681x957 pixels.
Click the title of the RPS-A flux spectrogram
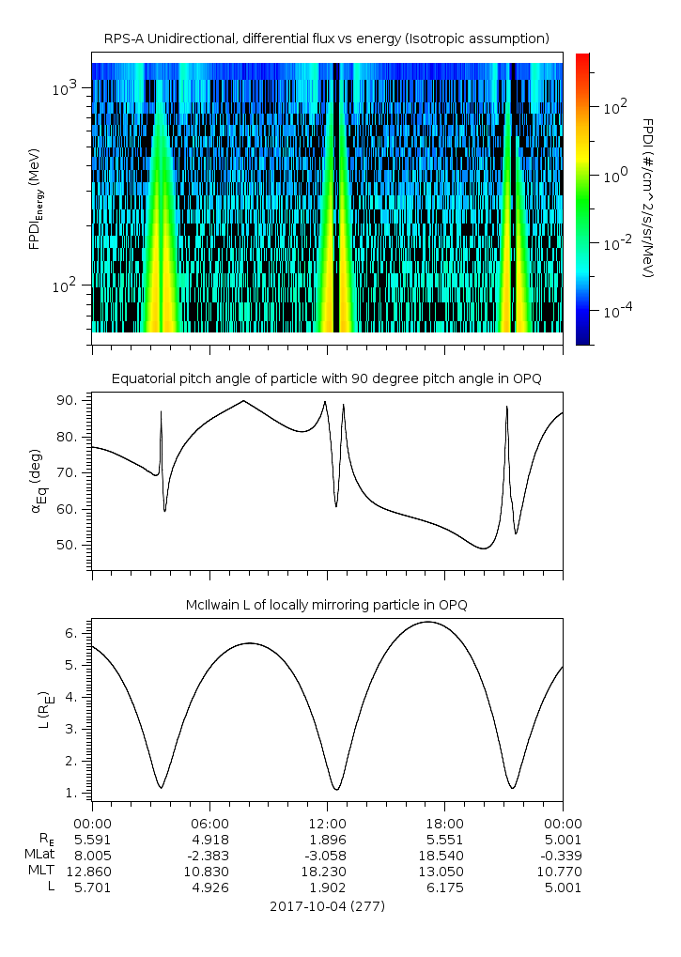[x=326, y=39]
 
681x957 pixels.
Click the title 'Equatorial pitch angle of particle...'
[x=326, y=378]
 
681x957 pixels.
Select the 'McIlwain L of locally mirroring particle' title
[x=326, y=605]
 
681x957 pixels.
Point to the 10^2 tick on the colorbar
[x=611, y=107]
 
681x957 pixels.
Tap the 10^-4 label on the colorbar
[x=611, y=310]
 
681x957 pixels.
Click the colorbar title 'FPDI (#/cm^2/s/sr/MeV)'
[x=647, y=198]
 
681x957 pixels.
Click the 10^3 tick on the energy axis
[x=66, y=89]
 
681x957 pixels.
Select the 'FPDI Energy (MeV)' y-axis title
[x=35, y=197]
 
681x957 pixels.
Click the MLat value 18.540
[x=444, y=855]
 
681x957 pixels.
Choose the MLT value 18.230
[x=327, y=871]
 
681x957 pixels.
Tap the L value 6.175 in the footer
[x=444, y=887]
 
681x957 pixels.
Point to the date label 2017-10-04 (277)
[x=326, y=906]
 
